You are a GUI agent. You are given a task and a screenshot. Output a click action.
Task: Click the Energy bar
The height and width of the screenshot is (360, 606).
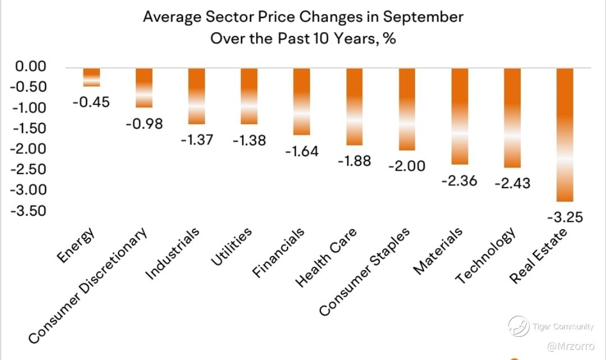pos(92,77)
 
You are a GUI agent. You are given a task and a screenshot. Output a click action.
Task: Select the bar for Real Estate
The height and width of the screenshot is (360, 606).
pos(565,134)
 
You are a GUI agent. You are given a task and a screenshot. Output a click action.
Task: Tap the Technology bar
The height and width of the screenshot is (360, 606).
pos(512,117)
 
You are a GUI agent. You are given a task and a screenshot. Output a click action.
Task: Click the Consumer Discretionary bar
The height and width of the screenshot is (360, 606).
pos(144,88)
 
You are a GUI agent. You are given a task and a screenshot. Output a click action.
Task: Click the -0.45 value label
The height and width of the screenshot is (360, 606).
pos(92,102)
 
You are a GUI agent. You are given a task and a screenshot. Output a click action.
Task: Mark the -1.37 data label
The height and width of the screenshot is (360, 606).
pos(197,139)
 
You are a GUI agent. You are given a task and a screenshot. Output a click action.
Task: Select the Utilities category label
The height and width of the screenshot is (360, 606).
pos(231,247)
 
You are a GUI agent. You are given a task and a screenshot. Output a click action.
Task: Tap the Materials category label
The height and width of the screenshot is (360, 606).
pos(438,251)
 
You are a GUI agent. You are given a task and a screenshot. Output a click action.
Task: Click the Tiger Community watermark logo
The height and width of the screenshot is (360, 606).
pos(518,326)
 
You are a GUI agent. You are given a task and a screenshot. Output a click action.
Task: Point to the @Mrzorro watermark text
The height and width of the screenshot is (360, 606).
pos(569,346)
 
